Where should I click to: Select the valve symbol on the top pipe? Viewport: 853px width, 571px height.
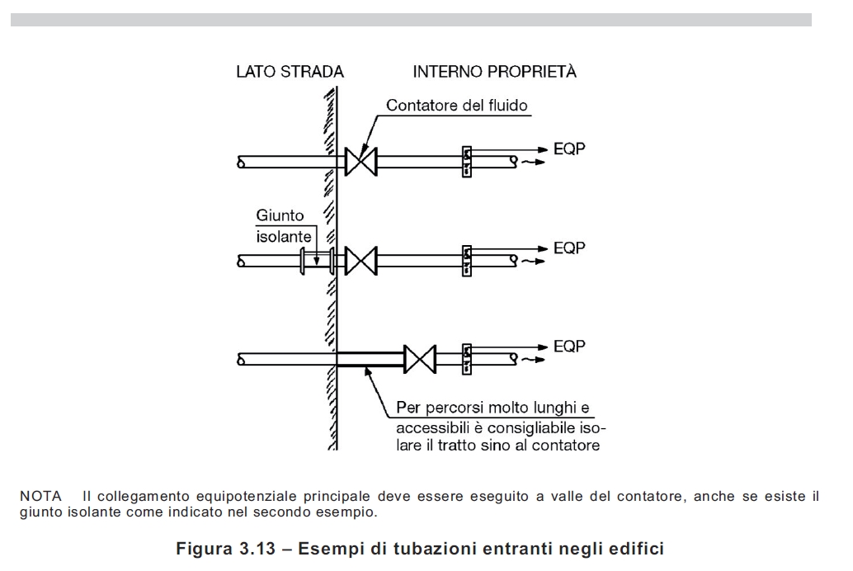[360, 162]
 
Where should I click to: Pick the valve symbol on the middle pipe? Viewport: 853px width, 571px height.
[360, 261]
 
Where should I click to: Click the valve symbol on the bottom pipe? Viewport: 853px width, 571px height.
[421, 358]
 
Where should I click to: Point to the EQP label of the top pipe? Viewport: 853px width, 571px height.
[569, 150]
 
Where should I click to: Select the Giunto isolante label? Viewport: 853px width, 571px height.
[280, 224]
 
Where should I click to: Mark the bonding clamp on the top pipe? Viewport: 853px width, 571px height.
[466, 162]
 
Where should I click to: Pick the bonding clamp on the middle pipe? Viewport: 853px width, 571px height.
[466, 261]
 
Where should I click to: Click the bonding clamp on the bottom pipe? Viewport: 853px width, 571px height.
[466, 358]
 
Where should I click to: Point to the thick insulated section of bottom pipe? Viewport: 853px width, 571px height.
[370, 358]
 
